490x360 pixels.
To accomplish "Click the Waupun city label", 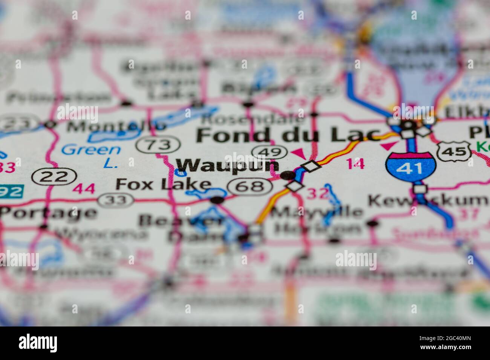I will click(228, 166).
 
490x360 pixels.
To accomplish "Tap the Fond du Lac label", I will click(289, 135).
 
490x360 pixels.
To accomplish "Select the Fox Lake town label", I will click(163, 184).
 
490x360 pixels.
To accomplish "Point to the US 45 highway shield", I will click(454, 151).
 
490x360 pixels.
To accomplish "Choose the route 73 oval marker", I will click(158, 145).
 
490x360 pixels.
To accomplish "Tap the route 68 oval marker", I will click(250, 186).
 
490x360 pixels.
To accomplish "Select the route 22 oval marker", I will click(54, 176).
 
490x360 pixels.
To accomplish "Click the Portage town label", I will click(48, 213).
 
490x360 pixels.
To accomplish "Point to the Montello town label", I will click(116, 126).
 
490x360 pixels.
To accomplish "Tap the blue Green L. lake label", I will click(92, 154).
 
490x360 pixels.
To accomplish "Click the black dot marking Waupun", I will click(288, 175).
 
